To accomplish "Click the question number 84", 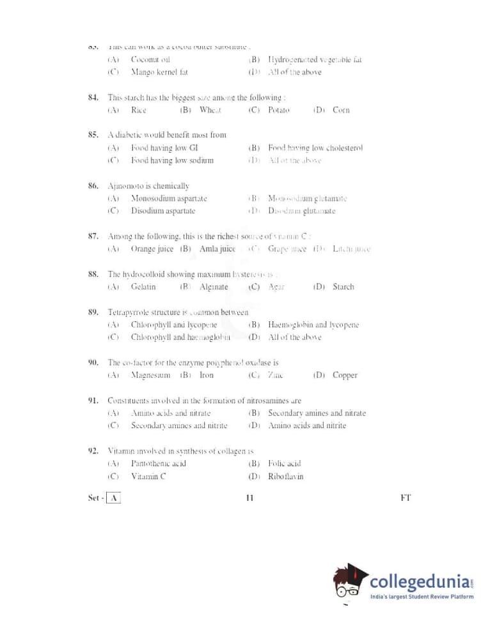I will click(93, 98).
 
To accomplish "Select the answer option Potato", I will click(279, 110).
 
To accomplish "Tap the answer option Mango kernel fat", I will click(159, 72).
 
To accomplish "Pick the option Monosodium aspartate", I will click(169, 199).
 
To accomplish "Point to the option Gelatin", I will click(143, 287).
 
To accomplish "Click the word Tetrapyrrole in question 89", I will click(130, 312).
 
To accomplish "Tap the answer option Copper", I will click(345, 375).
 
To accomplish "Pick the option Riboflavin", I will click(286, 476).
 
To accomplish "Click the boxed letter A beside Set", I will click(113, 498).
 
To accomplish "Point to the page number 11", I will click(249, 498).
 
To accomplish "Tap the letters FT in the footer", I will click(406, 498).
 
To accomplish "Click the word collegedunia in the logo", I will click(420, 583).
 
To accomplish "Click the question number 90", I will click(93, 363).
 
